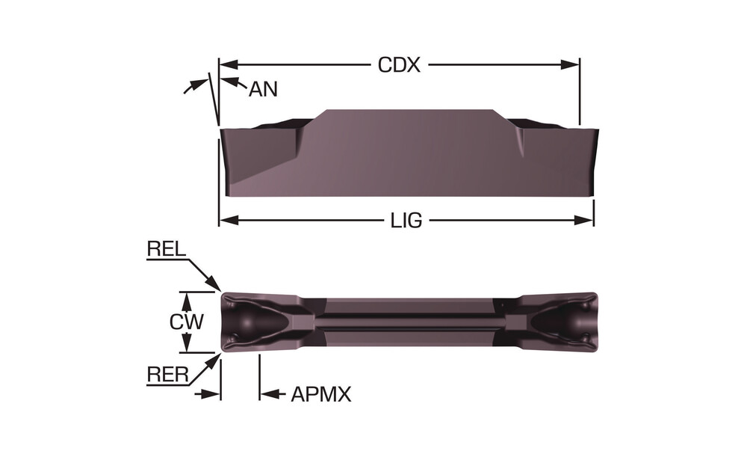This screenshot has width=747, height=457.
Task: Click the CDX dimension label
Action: pos(399,65)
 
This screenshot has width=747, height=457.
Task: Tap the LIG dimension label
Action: pos(406,221)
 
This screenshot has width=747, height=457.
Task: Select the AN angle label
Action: pos(263,89)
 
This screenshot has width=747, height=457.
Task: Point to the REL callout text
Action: pos(167,249)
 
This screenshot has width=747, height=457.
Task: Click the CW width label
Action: pos(187,322)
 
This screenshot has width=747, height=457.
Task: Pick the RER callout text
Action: pos(167,375)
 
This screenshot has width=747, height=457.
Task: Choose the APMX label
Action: pos(321,394)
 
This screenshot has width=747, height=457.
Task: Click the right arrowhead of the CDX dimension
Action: pos(570,65)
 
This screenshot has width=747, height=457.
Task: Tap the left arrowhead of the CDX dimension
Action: pos(229,65)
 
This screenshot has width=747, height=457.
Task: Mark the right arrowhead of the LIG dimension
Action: pos(584,221)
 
